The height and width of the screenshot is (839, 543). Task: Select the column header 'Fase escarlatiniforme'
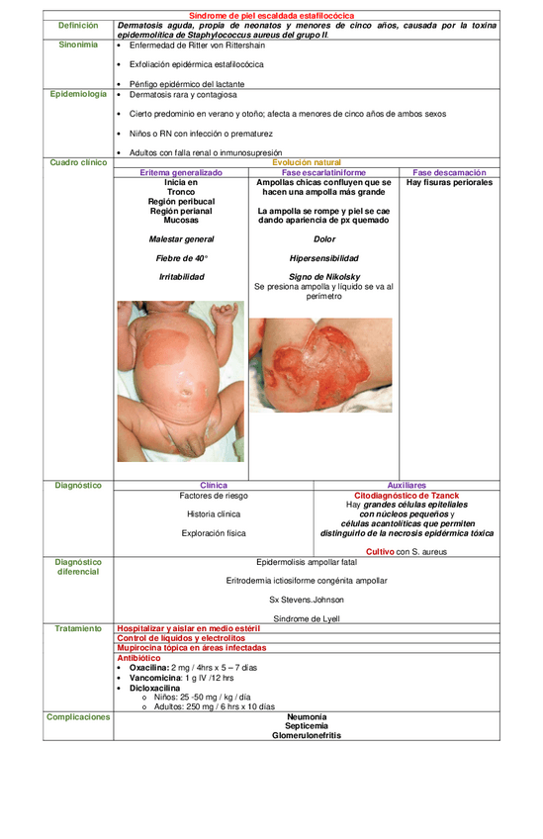[323, 172]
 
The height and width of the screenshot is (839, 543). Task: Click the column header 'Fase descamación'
[450, 172]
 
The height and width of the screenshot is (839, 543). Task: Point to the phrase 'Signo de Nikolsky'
[323, 277]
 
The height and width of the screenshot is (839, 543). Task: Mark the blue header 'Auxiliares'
[407, 486]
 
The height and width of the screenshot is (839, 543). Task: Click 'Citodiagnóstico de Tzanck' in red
[407, 496]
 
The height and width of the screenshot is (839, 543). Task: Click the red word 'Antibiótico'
[138, 658]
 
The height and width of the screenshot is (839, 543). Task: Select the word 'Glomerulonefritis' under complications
[307, 735]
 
